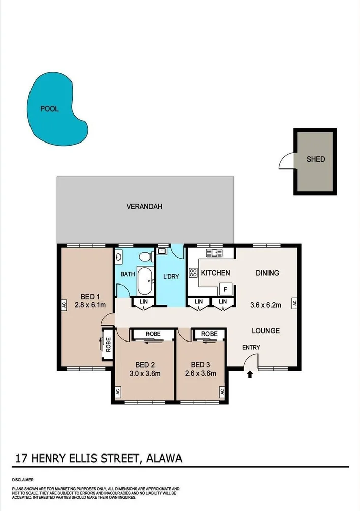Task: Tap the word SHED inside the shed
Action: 315,159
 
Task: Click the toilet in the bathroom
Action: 145,256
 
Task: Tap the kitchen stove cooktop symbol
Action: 193,272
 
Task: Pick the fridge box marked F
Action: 225,289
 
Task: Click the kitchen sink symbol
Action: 214,252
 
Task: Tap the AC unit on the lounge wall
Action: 294,303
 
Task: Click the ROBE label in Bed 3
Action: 209,334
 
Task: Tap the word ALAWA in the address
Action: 164,459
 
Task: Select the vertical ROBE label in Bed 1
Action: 108,345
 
